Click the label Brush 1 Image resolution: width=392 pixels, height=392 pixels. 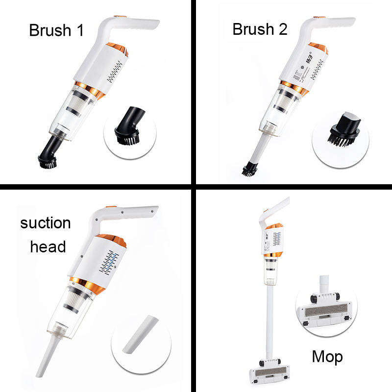56,30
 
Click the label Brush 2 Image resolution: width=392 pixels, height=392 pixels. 260,29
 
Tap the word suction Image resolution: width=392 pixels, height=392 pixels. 46,223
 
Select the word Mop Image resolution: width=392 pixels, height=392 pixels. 327,357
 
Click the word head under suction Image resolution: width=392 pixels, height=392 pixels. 48,246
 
